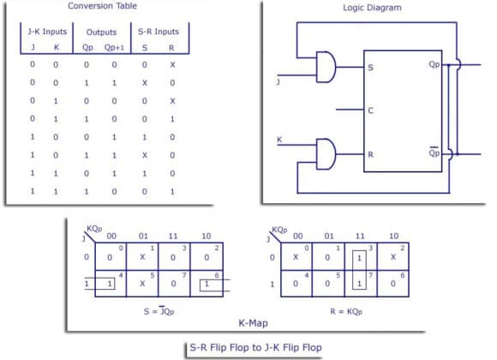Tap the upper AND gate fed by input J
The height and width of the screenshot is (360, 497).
(x=325, y=65)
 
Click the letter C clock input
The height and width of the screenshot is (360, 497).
(x=370, y=110)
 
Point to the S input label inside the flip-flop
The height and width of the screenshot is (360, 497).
(x=370, y=67)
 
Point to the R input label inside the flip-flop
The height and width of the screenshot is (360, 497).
(x=370, y=156)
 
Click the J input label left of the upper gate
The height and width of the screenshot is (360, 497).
(x=278, y=82)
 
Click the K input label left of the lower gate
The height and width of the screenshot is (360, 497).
(x=278, y=139)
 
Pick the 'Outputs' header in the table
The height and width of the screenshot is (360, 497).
(x=100, y=33)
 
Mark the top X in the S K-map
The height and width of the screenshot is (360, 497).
(x=142, y=257)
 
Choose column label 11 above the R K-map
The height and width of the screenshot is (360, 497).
(x=360, y=236)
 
